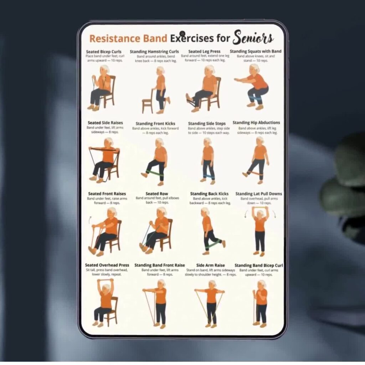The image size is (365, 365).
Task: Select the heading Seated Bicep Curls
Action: click(x=104, y=52)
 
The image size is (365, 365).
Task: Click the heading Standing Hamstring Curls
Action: click(x=154, y=52)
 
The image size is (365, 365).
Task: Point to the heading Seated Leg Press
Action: click(x=204, y=51)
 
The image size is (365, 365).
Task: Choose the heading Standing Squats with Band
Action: click(x=256, y=51)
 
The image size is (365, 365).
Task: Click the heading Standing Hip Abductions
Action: click(x=256, y=123)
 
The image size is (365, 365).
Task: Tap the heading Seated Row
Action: click(x=157, y=194)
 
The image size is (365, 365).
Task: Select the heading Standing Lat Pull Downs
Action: click(x=259, y=194)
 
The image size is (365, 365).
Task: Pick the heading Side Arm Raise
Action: click(x=210, y=265)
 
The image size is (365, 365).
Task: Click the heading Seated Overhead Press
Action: click(x=107, y=265)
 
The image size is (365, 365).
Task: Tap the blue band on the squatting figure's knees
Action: click(x=255, y=98)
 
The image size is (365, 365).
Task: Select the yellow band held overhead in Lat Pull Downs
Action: click(x=260, y=207)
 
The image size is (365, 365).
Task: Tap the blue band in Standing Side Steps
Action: click(x=209, y=176)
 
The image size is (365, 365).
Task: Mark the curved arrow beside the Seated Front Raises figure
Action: click(x=90, y=220)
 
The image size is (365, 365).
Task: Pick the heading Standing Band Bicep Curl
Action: click(x=259, y=265)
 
